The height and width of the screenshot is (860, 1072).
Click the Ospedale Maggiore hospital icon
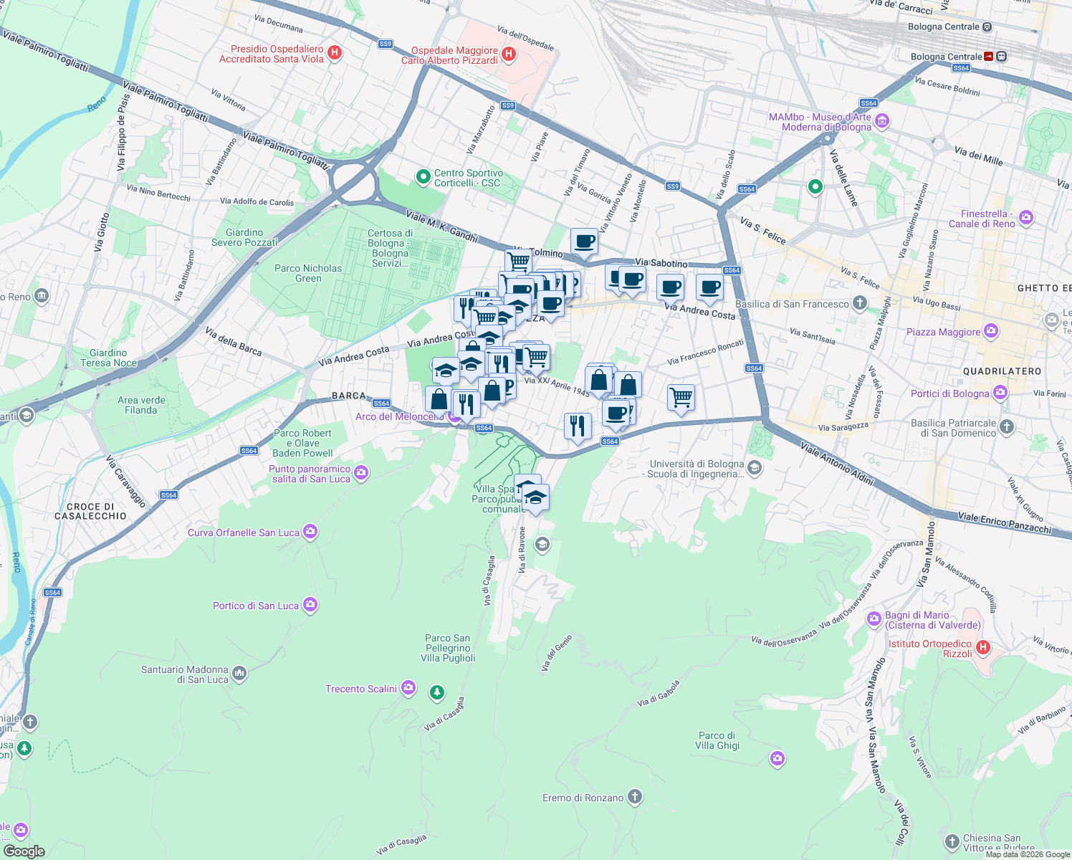509,54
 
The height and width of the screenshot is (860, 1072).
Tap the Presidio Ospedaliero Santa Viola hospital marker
335,53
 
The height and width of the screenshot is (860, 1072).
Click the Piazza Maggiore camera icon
991,331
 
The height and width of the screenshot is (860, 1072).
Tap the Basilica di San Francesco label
792,304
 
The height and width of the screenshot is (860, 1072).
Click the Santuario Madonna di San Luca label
185,674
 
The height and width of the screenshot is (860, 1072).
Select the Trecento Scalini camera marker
408,688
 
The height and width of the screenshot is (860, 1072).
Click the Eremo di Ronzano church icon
634,797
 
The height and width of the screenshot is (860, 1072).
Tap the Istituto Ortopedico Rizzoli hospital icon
983,648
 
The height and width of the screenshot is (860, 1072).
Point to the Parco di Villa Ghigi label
717,740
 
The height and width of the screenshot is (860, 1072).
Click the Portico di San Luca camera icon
310,605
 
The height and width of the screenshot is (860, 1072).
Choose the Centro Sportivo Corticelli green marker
423,176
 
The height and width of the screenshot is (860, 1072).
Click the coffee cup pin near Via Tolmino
585,242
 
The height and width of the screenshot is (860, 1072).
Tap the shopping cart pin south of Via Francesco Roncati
681,396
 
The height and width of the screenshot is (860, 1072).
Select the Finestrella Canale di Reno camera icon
1026,218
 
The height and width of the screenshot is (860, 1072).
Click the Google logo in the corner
24,851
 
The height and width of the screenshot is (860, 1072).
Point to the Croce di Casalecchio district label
91,511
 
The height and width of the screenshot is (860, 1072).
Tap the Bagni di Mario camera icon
874,618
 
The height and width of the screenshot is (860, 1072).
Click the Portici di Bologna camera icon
1000,393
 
